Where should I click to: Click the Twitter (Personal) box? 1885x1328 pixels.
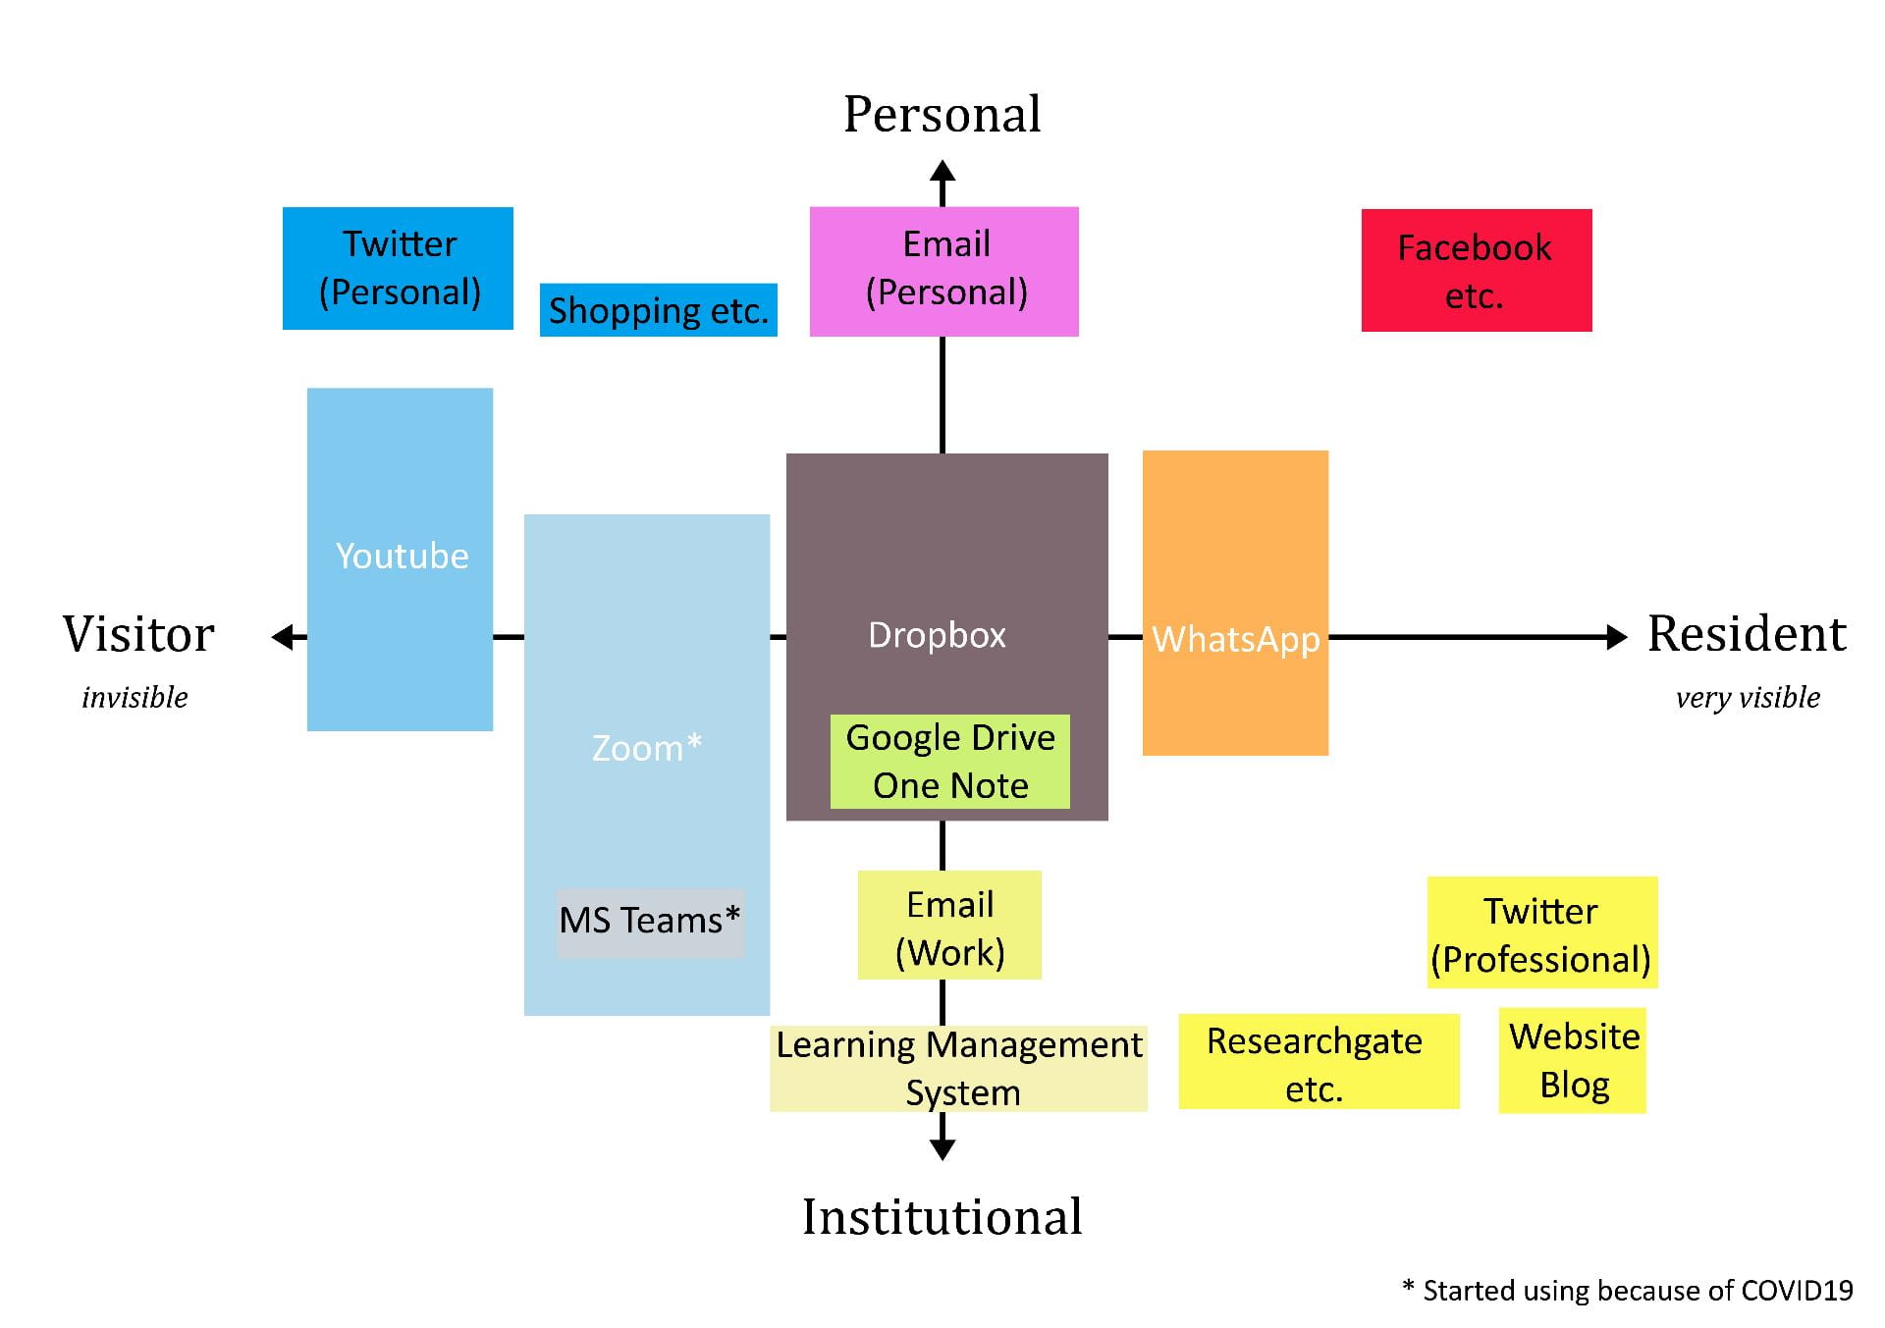coord(398,268)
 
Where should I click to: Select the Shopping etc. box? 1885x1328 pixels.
coord(658,310)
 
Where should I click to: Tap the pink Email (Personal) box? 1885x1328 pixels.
coord(943,271)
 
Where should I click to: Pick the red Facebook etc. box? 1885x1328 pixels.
coord(1476,270)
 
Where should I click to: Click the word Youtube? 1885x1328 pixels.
coord(402,557)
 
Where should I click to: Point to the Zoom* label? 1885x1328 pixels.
coord(646,748)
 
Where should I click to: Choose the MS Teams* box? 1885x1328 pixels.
coord(650,922)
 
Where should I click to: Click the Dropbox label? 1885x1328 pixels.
coord(937,635)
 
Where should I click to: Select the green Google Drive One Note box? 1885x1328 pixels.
coord(949,762)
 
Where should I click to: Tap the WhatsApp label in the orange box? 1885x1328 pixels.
coord(1235,639)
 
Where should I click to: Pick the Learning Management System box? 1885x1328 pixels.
coord(959,1068)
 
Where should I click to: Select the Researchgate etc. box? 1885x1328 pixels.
coord(1318,1063)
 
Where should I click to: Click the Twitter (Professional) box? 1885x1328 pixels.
coord(1541,933)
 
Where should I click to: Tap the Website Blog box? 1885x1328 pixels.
coord(1573,1061)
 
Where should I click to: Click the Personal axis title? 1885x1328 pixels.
coord(942,114)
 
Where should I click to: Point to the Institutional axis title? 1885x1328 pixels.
coord(942,1216)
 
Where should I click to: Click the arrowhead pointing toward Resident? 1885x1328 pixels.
coord(1616,637)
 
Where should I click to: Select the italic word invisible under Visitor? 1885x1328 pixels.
coord(135,698)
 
